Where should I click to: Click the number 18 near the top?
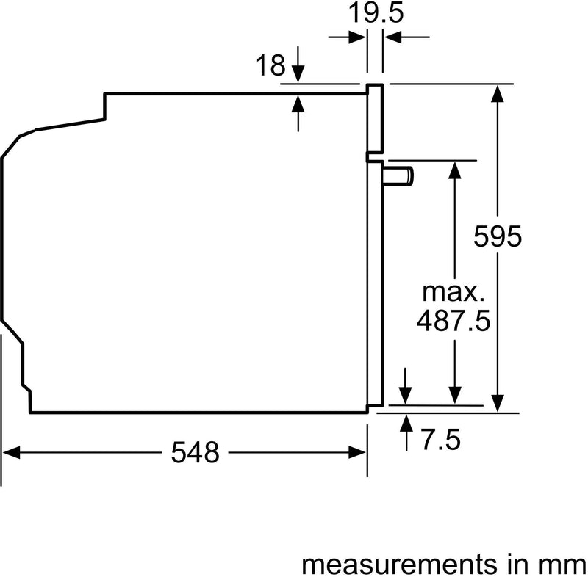[x=271, y=66]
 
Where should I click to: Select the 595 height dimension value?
[x=498, y=236]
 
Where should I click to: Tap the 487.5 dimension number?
[x=453, y=321]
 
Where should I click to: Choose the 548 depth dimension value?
[x=196, y=453]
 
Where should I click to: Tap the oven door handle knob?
[x=400, y=175]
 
